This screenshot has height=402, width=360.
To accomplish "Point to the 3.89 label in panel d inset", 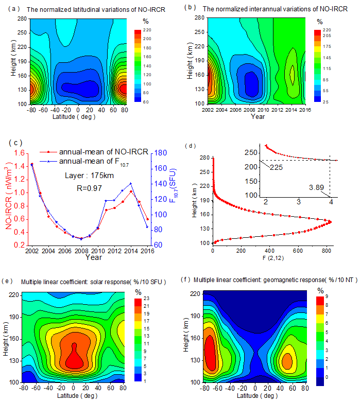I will (x=316, y=188).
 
